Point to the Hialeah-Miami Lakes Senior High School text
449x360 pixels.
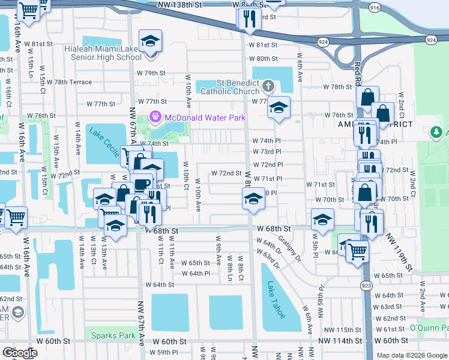97,53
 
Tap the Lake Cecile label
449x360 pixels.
104,142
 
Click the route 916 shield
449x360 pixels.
375,7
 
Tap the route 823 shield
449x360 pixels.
365,284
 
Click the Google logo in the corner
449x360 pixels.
20,353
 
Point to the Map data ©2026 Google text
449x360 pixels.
412,355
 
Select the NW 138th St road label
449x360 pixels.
178,4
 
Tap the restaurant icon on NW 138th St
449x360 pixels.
249,17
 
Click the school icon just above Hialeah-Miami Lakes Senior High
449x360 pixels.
149,42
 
